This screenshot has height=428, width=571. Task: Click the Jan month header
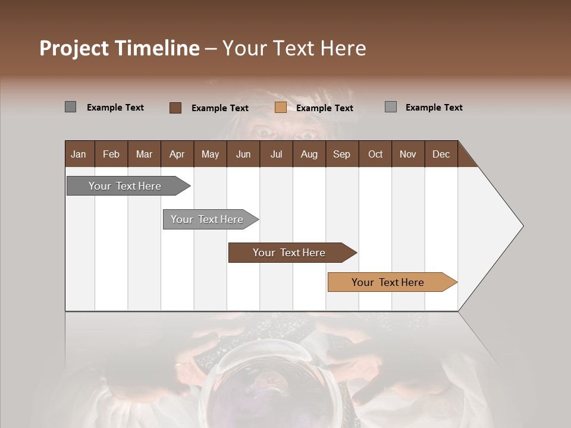pyautogui.click(x=79, y=154)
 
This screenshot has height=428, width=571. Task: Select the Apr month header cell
pyautogui.click(x=177, y=154)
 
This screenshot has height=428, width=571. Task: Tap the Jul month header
pyautogui.click(x=276, y=154)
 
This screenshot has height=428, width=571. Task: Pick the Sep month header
pyautogui.click(x=342, y=154)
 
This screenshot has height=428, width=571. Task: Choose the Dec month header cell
pyautogui.click(x=441, y=154)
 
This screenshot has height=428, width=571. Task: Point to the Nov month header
pyautogui.click(x=408, y=154)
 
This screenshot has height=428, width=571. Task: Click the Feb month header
pyautogui.click(x=111, y=154)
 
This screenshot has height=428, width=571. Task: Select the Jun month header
pyautogui.click(x=243, y=154)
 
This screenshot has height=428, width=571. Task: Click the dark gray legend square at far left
pyautogui.click(x=70, y=107)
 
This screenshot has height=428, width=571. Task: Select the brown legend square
pyautogui.click(x=175, y=108)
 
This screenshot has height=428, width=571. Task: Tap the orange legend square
pyautogui.click(x=280, y=108)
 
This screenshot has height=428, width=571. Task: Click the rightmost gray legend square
pyautogui.click(x=390, y=107)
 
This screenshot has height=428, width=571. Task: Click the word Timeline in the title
pyautogui.click(x=156, y=48)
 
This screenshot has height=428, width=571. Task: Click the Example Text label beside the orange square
pyautogui.click(x=324, y=108)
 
